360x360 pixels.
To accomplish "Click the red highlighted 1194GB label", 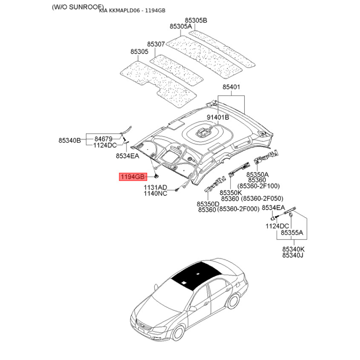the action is click(x=133, y=177).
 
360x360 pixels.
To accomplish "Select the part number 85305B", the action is click(x=196, y=20).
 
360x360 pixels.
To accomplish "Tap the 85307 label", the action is click(x=156, y=44).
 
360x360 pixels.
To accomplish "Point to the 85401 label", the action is click(x=231, y=87).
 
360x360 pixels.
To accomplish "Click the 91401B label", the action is click(x=218, y=117).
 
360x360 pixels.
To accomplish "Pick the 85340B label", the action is click(x=70, y=140).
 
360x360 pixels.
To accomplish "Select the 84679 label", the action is click(x=103, y=139).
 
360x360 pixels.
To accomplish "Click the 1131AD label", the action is click(x=155, y=187).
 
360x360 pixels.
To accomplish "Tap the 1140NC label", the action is click(x=155, y=193).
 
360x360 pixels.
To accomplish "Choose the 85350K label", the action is click(x=231, y=193).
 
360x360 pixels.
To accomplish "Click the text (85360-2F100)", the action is click(x=258, y=186).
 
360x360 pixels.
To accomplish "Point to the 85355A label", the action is click(x=292, y=233).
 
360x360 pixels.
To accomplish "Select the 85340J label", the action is click(x=293, y=255).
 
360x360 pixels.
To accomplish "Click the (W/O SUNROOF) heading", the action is click(x=78, y=7).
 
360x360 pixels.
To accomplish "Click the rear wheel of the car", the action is click(x=234, y=301).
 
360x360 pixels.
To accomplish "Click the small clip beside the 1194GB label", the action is click(x=156, y=176).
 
